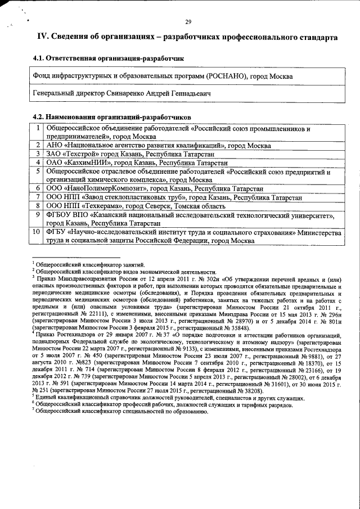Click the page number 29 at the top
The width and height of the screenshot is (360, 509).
pyautogui.click(x=188, y=22)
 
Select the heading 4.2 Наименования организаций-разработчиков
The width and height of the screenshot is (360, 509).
pyautogui.click(x=112, y=116)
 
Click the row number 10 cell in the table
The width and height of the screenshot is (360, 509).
pyautogui.click(x=36, y=231)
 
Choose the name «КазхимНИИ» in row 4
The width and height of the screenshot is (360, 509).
pyautogui.click(x=89, y=162)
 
